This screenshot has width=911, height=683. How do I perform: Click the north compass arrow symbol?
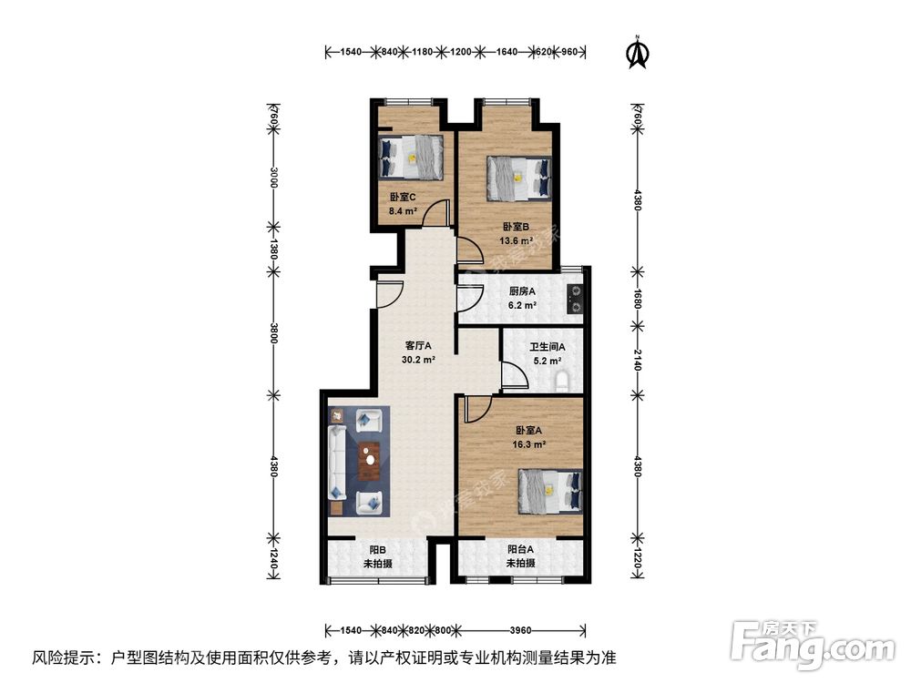point(636,53)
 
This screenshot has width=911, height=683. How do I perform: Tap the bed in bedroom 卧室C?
point(412,156)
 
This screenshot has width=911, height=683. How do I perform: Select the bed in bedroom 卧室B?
point(519,177)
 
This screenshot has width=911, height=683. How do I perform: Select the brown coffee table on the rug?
point(368,461)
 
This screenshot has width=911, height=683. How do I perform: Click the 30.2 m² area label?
point(418,360)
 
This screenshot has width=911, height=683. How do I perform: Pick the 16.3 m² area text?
point(529,444)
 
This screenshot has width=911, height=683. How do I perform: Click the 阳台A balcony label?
point(521,549)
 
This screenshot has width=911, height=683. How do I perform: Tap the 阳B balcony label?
point(378,550)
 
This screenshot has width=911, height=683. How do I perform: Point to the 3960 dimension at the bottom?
point(521,629)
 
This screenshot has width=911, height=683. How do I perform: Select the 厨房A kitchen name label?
point(522,291)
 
